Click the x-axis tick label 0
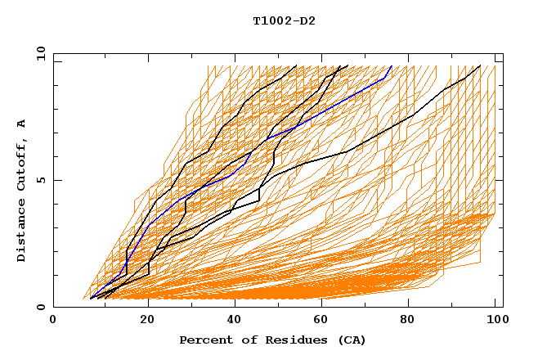[54, 320]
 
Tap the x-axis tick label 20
[142, 320]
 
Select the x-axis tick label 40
[231, 320]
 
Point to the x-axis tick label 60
[319, 320]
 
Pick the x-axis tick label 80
[407, 320]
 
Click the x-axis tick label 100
[495, 320]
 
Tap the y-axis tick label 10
[40, 53]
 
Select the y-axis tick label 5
[43, 180]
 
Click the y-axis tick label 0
[43, 307]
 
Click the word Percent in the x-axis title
[203, 340]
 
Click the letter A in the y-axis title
[22, 124]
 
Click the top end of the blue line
[392, 66]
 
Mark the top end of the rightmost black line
[480, 66]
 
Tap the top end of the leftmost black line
[296, 66]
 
